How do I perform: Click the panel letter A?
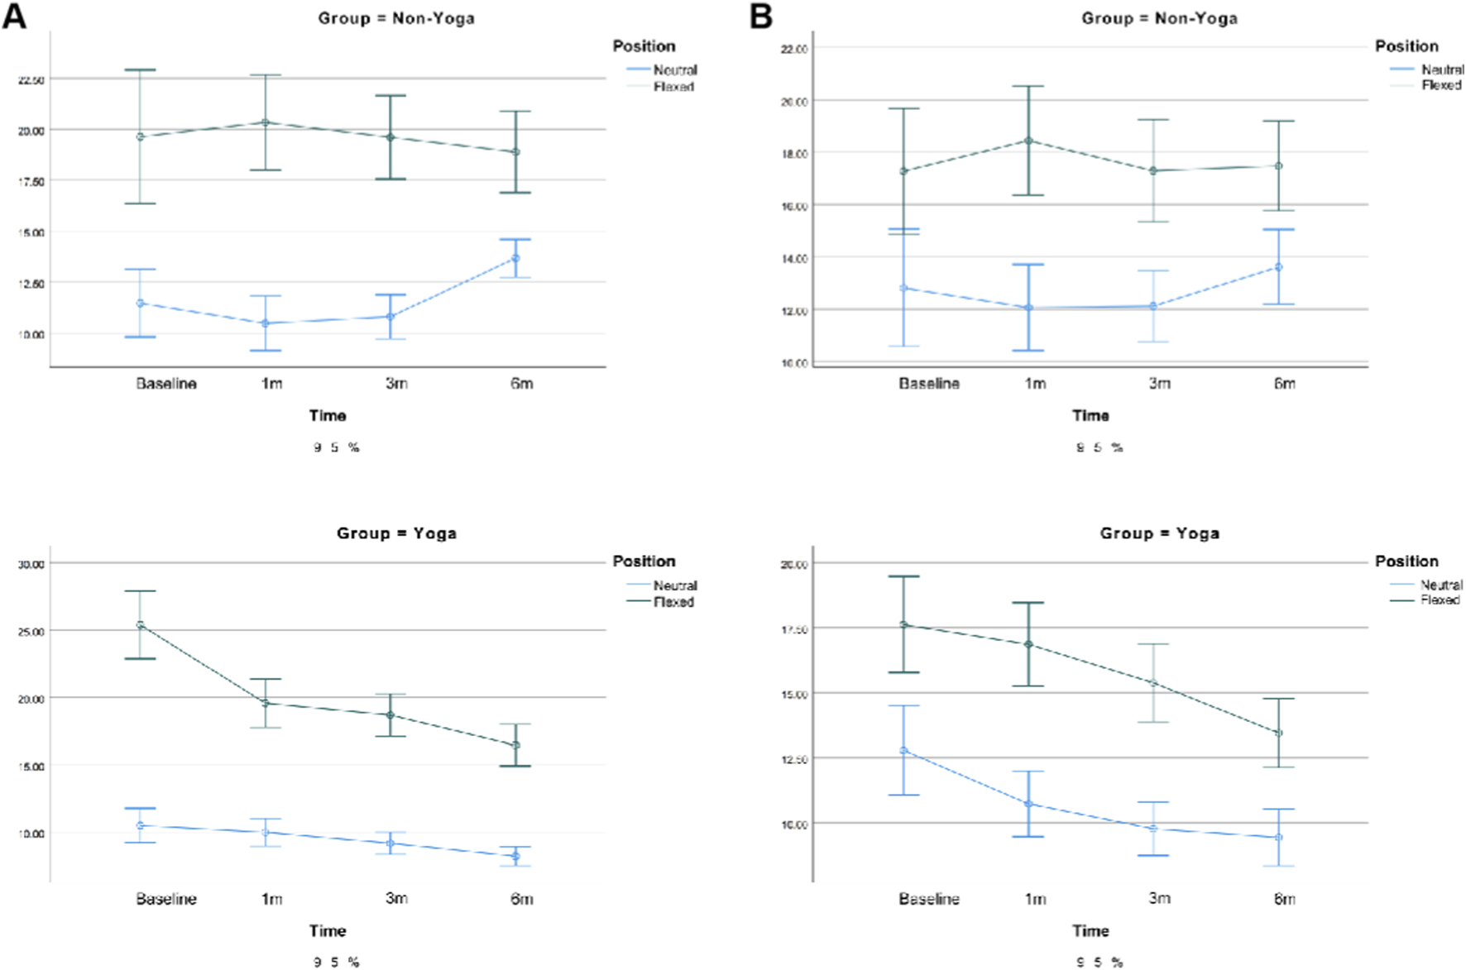(x=14, y=16)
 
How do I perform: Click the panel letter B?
(x=761, y=16)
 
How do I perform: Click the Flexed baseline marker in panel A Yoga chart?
(x=141, y=625)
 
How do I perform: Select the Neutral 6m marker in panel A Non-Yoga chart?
(x=515, y=258)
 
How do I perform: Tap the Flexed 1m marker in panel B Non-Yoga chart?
(x=1028, y=141)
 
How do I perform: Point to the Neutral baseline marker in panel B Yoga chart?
(x=903, y=751)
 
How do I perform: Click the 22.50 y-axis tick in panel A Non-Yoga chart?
(x=31, y=79)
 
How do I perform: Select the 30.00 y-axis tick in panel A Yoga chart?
(x=31, y=564)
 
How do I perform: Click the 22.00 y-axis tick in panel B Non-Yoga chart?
(x=794, y=49)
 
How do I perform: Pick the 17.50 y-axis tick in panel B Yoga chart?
(x=794, y=629)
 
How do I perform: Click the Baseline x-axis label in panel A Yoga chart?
(x=166, y=899)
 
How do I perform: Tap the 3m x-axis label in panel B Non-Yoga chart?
(x=1159, y=384)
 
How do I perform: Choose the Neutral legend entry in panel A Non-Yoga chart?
(x=674, y=70)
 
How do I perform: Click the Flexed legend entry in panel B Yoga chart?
(x=1440, y=600)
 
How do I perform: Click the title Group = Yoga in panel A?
(x=396, y=533)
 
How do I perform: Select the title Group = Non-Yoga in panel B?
(x=1159, y=18)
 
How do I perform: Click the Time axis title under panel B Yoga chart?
(x=1090, y=931)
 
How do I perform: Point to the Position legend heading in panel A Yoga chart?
(x=644, y=561)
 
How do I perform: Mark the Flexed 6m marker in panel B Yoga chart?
(x=1278, y=733)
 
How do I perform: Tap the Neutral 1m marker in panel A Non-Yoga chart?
(x=266, y=323)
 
